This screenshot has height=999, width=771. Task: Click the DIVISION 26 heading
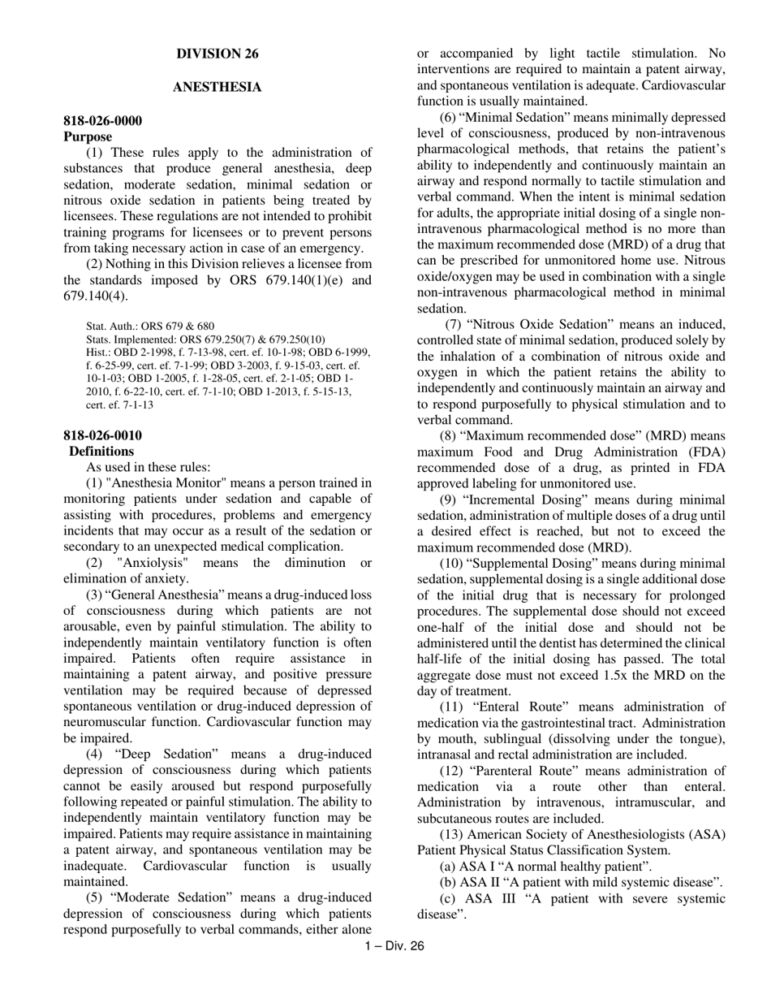(218, 54)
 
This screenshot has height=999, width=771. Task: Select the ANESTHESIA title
(218, 87)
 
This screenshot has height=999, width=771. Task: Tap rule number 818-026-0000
(102, 121)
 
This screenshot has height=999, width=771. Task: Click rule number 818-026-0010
(102, 435)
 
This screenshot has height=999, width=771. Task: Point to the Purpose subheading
(88, 136)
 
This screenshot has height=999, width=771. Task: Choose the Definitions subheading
(101, 451)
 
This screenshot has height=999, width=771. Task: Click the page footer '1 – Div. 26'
(394, 945)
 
